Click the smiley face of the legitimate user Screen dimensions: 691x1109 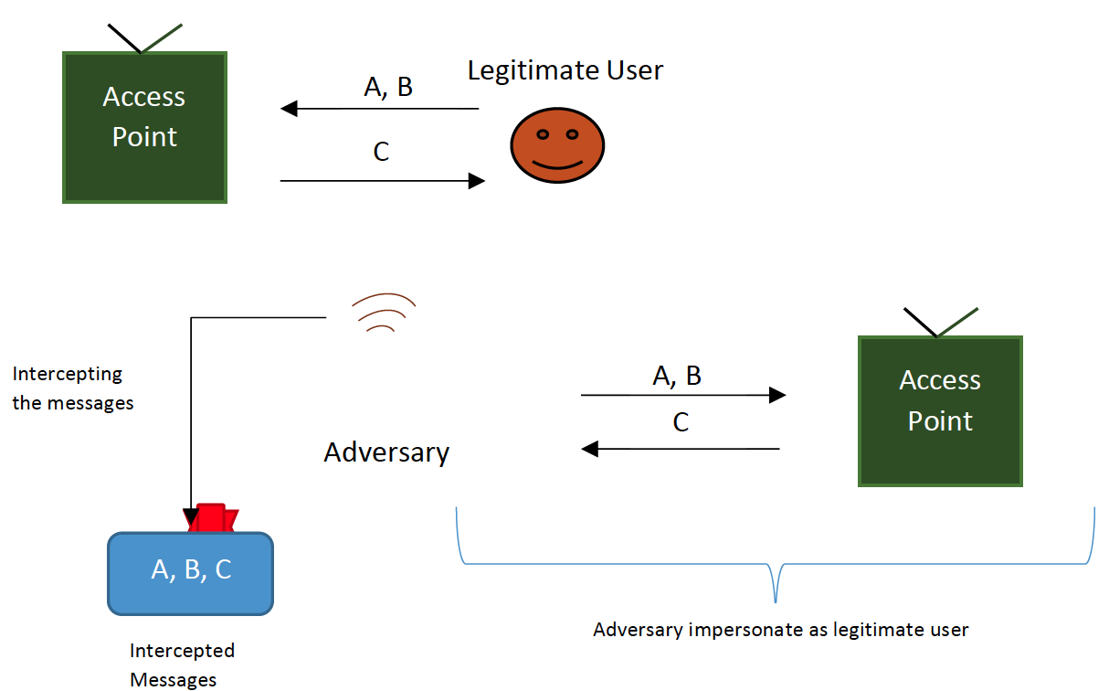click(x=557, y=145)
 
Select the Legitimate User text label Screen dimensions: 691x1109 click(x=565, y=70)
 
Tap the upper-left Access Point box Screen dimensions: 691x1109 click(x=144, y=127)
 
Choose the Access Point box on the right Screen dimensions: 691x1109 click(x=940, y=411)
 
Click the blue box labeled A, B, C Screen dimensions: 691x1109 click(x=190, y=573)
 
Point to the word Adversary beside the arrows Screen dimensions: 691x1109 click(x=386, y=452)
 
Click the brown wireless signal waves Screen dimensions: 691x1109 click(x=386, y=313)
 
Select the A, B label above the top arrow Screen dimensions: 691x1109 click(x=388, y=87)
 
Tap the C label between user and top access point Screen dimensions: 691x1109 click(x=381, y=152)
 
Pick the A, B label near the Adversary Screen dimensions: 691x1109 click(x=677, y=376)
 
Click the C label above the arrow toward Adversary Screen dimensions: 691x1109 click(x=681, y=422)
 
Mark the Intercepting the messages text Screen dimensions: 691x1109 click(x=72, y=388)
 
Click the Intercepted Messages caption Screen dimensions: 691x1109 click(x=181, y=664)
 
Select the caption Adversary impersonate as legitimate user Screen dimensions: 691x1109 click(x=780, y=630)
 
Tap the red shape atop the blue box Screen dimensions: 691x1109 click(x=211, y=517)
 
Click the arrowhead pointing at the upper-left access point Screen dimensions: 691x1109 click(x=289, y=110)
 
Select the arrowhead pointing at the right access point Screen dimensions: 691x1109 click(x=777, y=395)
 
